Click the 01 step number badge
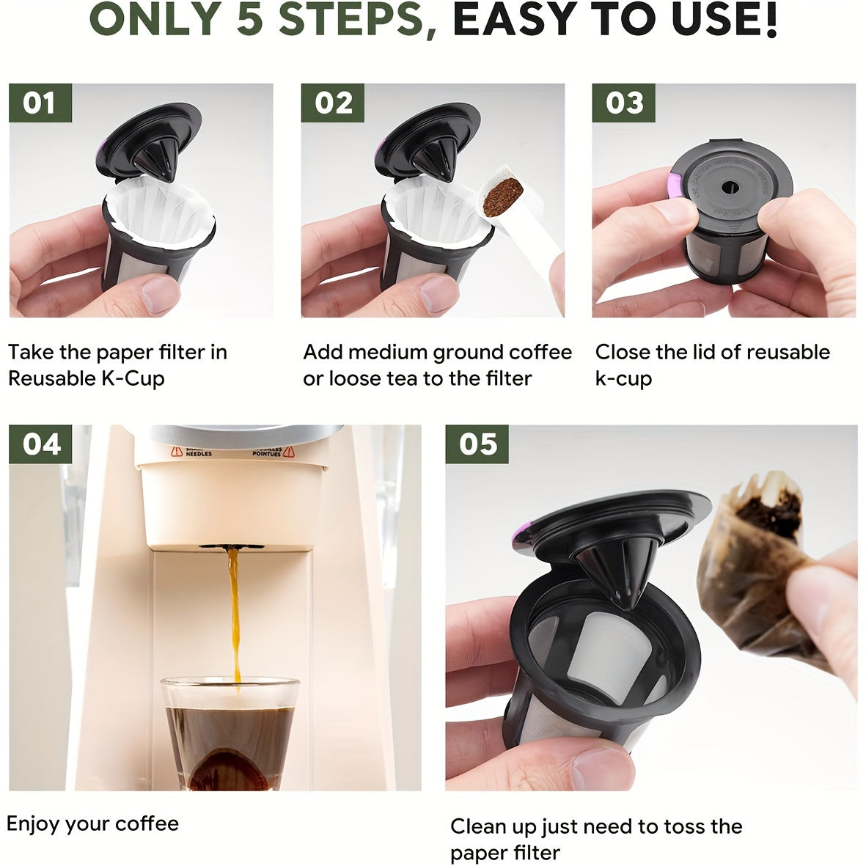tap(40, 103)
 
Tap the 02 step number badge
tap(333, 103)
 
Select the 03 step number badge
tap(624, 103)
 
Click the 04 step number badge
tap(40, 444)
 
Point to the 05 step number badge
tap(477, 444)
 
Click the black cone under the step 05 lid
tap(614, 572)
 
